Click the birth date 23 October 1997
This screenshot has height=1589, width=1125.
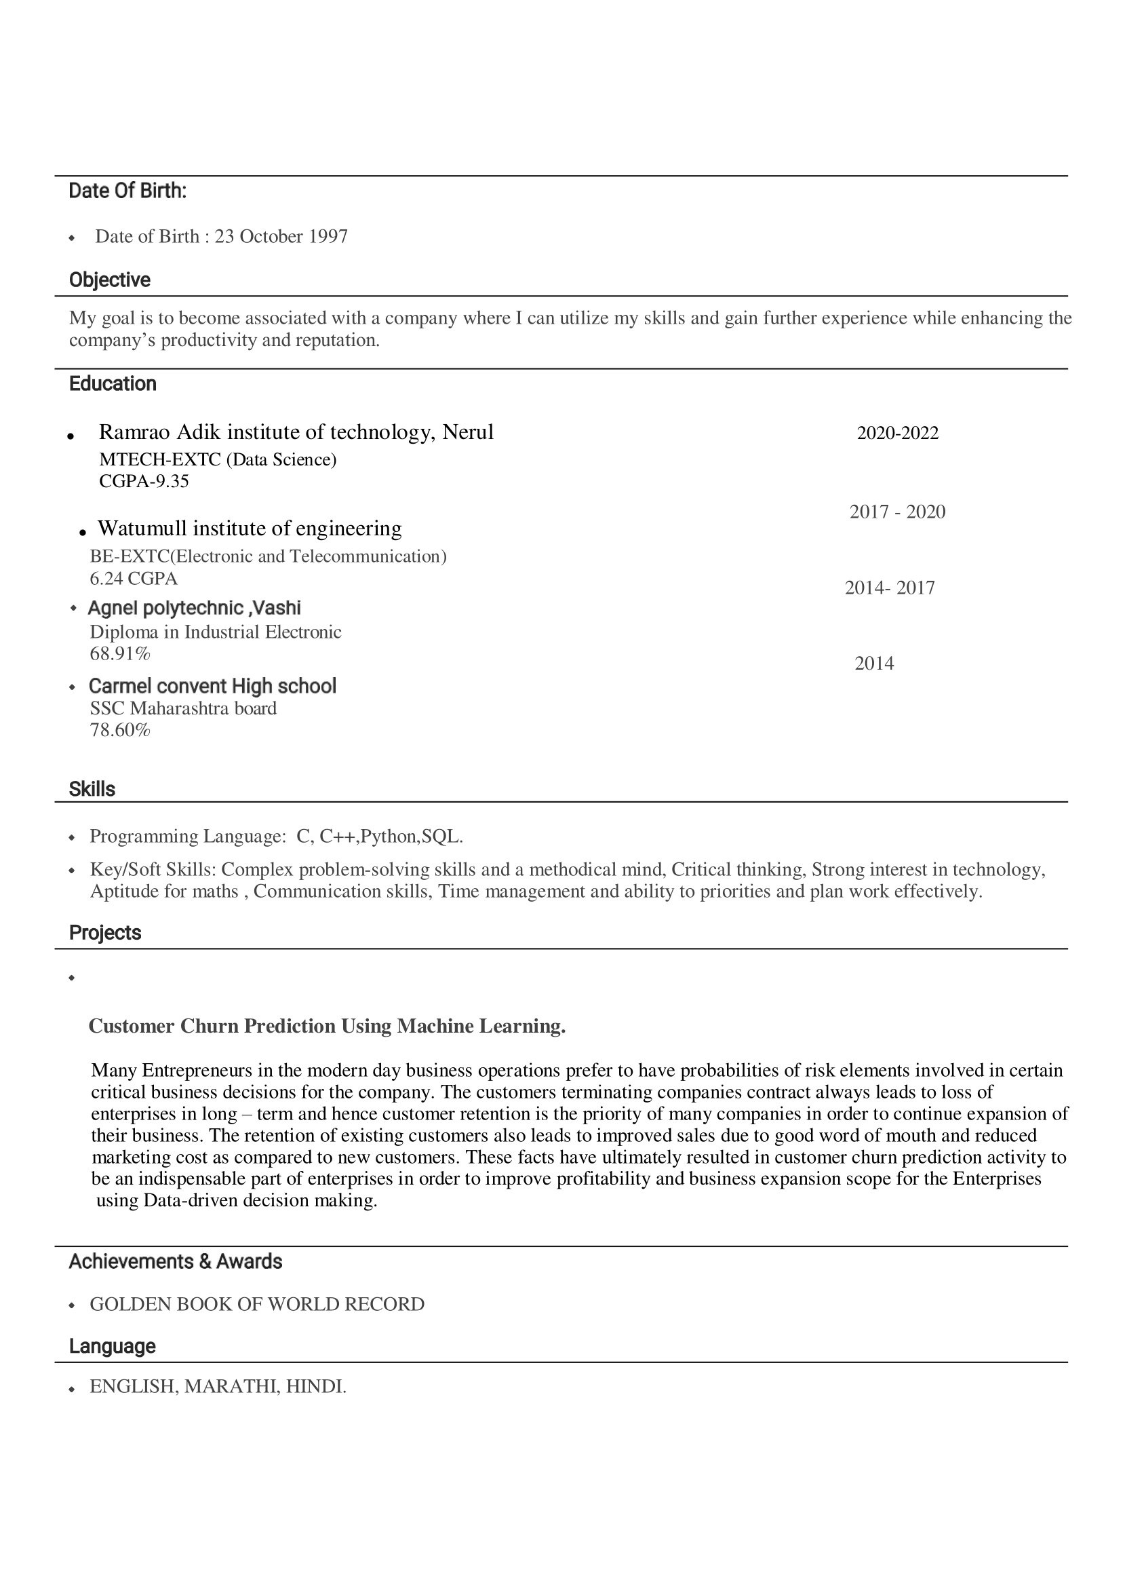click(281, 237)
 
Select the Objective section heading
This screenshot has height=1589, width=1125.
click(109, 280)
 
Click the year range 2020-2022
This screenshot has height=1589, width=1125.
click(897, 433)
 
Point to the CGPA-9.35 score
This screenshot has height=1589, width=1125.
click(144, 481)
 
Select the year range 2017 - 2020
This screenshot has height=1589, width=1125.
click(897, 512)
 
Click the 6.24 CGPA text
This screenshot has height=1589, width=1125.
click(134, 578)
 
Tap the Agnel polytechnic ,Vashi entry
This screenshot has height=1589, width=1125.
click(194, 609)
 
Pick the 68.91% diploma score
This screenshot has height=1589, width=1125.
click(120, 653)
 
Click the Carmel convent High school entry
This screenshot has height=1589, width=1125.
click(212, 686)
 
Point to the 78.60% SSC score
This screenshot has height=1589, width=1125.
click(120, 730)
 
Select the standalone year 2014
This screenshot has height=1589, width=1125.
click(873, 664)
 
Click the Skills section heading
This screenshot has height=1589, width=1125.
click(92, 789)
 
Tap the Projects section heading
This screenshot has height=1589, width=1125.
click(105, 933)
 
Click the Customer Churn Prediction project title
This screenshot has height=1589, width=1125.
click(327, 1026)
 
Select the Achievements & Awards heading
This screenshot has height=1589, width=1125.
click(175, 1261)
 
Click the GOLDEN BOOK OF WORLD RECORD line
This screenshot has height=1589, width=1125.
click(257, 1304)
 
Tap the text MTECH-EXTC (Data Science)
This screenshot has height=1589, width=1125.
click(218, 459)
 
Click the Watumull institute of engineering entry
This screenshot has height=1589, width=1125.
click(250, 529)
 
